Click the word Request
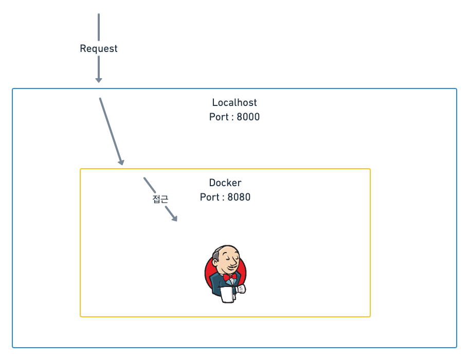[98, 48]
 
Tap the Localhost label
[234, 102]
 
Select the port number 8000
[248, 117]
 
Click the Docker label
[225, 183]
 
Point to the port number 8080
[239, 197]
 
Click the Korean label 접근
[160, 200]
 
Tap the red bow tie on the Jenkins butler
[229, 276]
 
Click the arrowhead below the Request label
[99, 80]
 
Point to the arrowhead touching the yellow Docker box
[121, 163]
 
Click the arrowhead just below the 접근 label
[175, 219]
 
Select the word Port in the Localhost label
[219, 117]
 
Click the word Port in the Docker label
[209, 197]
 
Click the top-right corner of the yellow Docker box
[370, 169]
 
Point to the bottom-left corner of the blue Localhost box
[13, 347]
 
